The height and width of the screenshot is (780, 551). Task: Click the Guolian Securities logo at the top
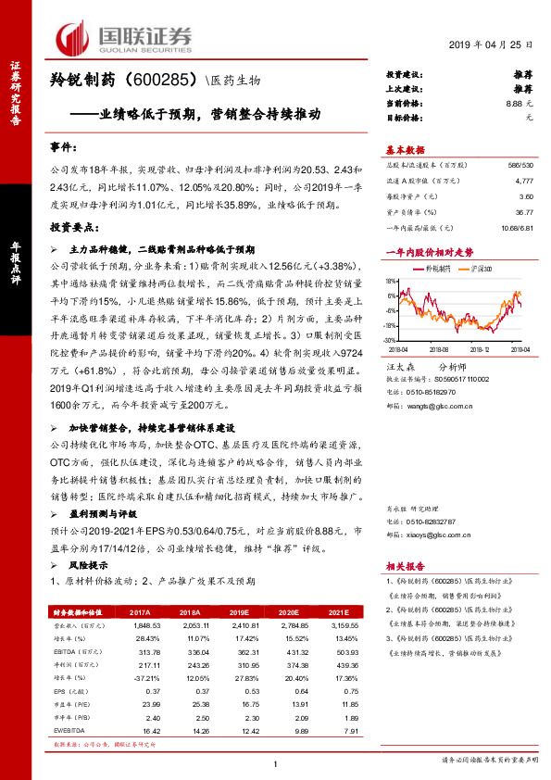pos(124,36)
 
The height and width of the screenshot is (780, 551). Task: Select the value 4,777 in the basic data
pos(524,183)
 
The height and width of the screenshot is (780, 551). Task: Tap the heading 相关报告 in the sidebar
pos(406,566)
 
